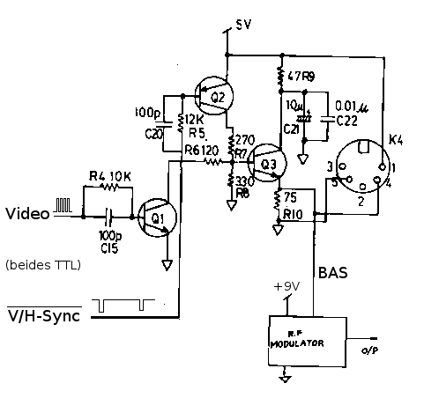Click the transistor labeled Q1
coord(159,217)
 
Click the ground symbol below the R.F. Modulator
coord(285,378)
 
